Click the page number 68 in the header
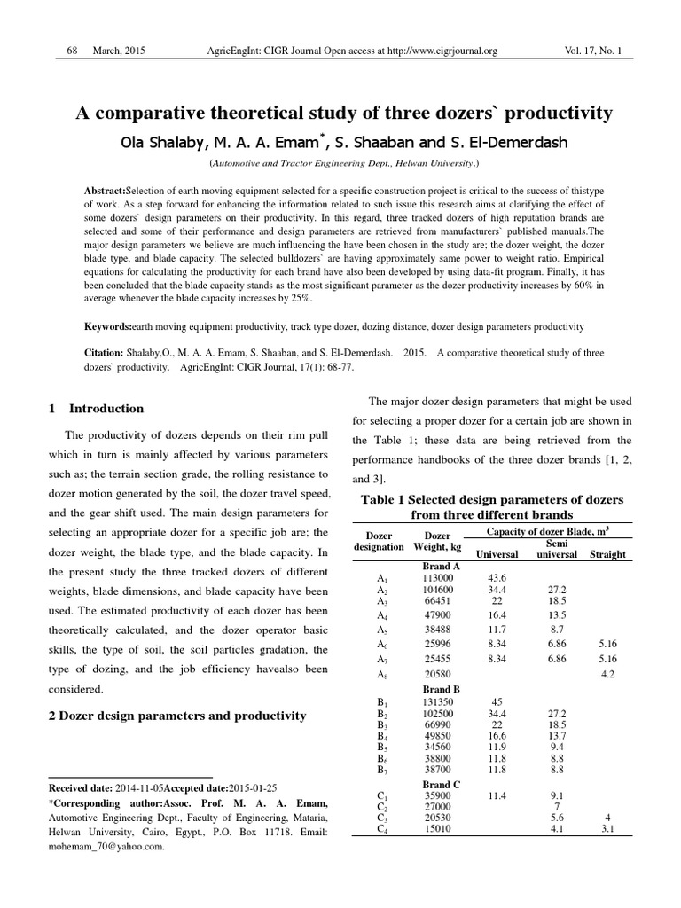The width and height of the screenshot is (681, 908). pos(74,51)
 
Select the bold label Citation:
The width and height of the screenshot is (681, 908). pos(106,353)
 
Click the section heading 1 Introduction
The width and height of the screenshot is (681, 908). pos(96,409)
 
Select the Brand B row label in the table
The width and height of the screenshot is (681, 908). pos(442,688)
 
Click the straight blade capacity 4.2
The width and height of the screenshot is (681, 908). pos(608,675)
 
